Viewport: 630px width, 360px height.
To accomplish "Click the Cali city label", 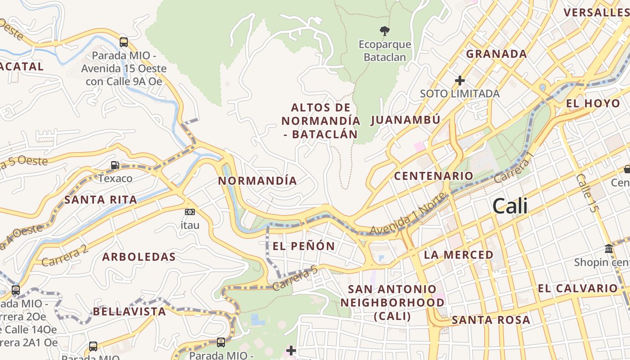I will [510, 207].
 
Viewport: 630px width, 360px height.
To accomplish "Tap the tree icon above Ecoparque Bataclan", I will [384, 31].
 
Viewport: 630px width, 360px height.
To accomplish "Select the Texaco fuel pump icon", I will [115, 165].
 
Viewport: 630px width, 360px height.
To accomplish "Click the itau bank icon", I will [190, 211].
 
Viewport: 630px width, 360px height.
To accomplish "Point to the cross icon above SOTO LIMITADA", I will [459, 81].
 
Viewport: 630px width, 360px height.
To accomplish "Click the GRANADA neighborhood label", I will [496, 54].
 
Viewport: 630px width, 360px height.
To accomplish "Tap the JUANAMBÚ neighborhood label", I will [405, 120].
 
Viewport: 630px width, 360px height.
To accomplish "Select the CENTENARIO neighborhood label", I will [433, 176].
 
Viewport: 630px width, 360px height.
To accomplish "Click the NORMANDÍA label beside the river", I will [257, 181].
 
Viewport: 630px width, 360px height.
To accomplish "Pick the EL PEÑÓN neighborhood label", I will [304, 246].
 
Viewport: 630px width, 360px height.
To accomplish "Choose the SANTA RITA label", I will [101, 200].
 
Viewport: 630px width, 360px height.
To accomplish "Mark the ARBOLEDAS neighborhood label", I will [139, 257].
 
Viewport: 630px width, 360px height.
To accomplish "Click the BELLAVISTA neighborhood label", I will [130, 311].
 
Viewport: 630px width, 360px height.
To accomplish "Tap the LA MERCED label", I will [459, 255].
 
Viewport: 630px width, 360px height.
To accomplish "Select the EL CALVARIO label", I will [578, 288].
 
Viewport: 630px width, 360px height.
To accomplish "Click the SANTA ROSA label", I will [490, 320].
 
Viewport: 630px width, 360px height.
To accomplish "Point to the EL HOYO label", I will [593, 103].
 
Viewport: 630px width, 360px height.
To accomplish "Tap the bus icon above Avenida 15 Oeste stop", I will [124, 42].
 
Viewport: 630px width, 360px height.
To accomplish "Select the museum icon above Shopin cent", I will [609, 248].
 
